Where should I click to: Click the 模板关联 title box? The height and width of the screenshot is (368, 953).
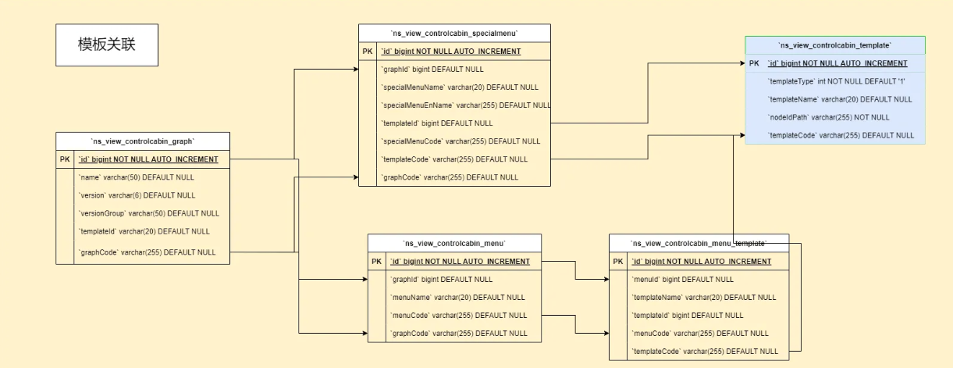coord(107,45)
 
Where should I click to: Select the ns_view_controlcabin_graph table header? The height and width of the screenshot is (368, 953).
coord(143,141)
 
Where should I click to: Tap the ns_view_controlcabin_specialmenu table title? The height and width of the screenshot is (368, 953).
coord(454,34)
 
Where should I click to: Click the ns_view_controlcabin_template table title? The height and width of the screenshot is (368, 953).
coord(834,45)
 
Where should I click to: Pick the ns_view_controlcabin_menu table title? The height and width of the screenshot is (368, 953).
coord(454,243)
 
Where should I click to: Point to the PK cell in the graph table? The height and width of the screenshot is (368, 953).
coord(65,159)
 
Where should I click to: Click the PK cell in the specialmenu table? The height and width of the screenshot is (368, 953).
coord(368,51)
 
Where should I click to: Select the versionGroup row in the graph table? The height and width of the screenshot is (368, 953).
coord(149,213)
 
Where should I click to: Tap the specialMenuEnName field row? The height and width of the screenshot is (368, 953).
coord(466,105)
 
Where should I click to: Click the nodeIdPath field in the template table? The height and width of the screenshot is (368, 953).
coord(828,117)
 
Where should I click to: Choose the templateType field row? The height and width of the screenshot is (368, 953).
coord(836,81)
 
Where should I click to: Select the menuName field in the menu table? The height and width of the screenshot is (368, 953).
coord(458,298)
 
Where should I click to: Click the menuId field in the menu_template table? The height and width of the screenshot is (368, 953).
coord(682,280)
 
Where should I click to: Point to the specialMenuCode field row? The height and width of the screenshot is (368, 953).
coord(461,141)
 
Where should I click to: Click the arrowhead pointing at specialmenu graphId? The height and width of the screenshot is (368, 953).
coord(356,69)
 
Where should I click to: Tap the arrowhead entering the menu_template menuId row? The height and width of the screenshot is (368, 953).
coord(606,280)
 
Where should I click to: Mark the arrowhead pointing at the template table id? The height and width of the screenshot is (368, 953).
coord(742,63)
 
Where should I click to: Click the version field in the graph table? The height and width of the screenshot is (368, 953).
coord(137,195)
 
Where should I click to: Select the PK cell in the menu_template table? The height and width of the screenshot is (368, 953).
coord(617,262)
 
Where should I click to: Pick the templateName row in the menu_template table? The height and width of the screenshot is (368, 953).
coord(704,298)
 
